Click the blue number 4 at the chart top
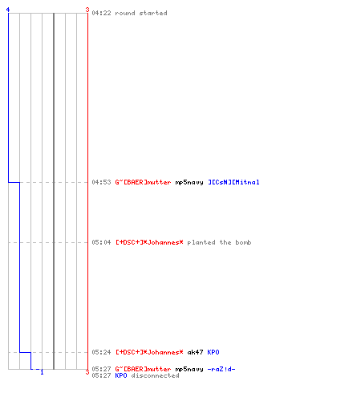coord(8,10)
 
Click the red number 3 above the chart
coord(87,10)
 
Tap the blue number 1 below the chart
coord(42,372)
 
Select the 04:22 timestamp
coord(101,13)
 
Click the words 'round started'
coord(141,13)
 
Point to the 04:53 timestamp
coord(101,182)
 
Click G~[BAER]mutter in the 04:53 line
coord(143,182)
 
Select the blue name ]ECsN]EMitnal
coord(233,182)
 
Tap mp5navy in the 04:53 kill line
coord(189,183)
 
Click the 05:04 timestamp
coord(101,242)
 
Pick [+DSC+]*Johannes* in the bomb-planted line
coord(149,242)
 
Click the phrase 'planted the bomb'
coord(219,242)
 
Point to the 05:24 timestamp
coord(101,352)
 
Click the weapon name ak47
coord(195,352)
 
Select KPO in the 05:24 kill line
coord(213,352)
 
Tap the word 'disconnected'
coord(156,375)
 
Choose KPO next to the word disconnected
coord(121,375)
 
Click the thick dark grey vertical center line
coord(54,191)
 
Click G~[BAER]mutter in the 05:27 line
coord(143,369)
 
